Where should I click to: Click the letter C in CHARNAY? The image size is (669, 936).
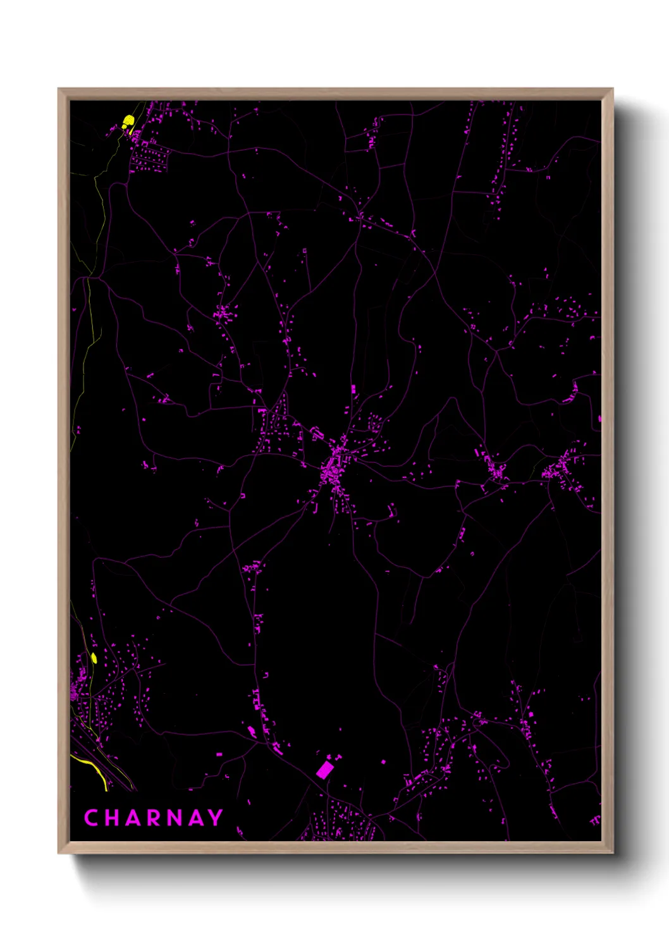coord(91,818)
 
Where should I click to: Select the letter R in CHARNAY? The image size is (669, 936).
coord(154,818)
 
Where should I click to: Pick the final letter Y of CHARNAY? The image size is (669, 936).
coord(216,818)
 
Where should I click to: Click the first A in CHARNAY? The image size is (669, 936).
coord(133,818)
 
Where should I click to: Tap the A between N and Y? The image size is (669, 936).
coord(196,818)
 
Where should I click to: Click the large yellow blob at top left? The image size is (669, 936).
coord(128,121)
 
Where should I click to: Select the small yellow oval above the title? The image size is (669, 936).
coord(94,658)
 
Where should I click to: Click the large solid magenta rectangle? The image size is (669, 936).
coord(324,770)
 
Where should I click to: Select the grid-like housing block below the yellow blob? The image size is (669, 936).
coord(149,158)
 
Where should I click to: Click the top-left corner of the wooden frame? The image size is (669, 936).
coord(59,89)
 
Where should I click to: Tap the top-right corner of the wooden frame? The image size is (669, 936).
coord(612,89)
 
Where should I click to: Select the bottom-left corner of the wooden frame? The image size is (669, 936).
coord(59,853)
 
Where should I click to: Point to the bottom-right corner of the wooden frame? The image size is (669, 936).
coord(612,853)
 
